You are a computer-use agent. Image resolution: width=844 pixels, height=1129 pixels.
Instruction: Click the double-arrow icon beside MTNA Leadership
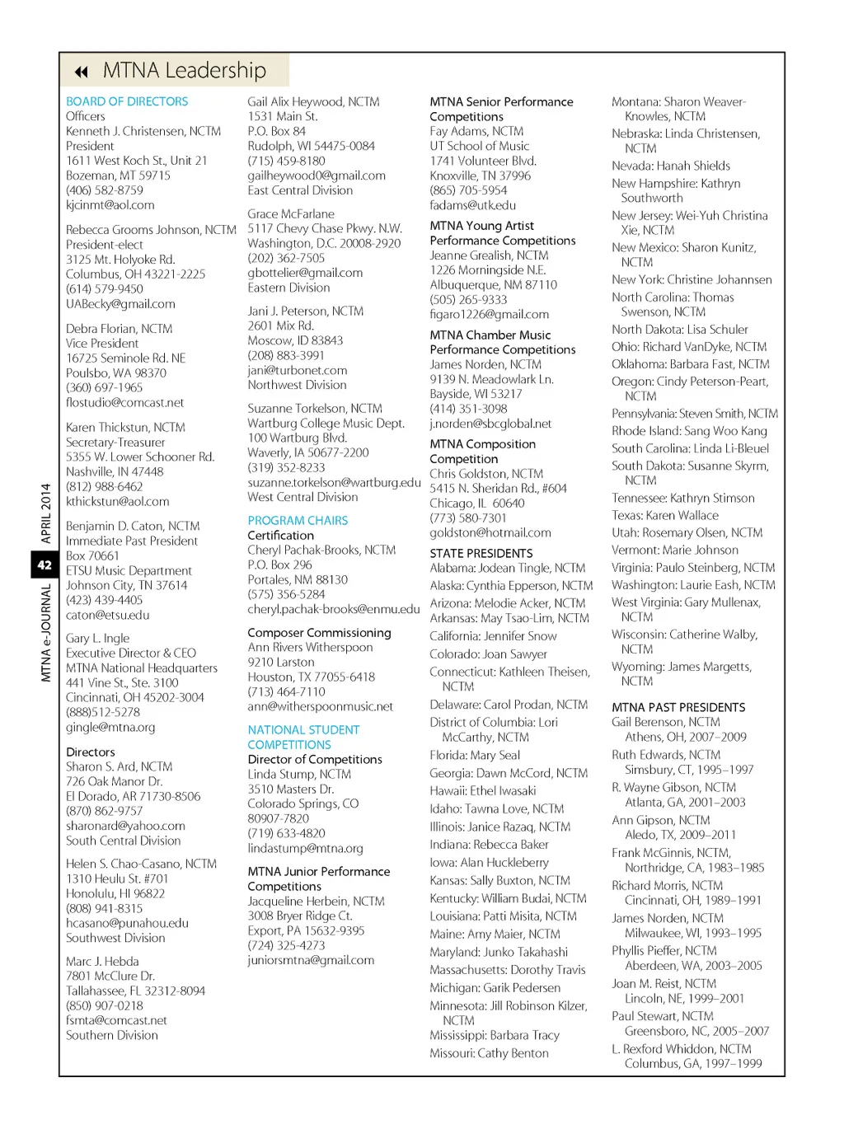coord(81,72)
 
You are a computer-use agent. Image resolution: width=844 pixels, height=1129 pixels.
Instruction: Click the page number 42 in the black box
coord(45,565)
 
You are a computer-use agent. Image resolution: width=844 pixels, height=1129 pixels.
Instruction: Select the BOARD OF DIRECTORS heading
coord(127,101)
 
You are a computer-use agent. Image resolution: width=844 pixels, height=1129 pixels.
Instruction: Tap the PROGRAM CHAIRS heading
coord(298,521)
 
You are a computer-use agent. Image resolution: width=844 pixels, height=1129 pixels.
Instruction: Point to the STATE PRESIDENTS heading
coord(481,554)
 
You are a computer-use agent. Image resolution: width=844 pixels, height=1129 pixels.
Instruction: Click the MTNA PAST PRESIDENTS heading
coord(678,707)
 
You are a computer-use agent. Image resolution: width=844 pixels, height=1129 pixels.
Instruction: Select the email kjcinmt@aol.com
coord(110,205)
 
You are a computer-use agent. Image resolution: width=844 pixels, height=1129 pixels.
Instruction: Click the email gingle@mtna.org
coord(110,728)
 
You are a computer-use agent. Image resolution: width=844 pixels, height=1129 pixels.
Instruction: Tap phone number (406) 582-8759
coord(104,190)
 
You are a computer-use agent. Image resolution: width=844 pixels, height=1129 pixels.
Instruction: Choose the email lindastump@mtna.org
coord(305,848)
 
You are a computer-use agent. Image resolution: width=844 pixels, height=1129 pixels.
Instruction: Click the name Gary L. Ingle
coord(97,638)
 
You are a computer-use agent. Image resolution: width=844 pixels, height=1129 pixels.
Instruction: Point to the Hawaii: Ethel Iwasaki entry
coord(482,791)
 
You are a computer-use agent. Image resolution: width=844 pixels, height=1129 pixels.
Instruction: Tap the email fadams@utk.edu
coord(472,205)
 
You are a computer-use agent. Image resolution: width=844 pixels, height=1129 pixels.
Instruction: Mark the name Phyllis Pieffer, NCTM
coord(663,950)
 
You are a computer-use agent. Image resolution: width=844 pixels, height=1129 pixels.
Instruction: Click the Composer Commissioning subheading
coord(319,633)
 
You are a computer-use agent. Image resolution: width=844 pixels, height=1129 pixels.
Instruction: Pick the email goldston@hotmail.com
coord(490,533)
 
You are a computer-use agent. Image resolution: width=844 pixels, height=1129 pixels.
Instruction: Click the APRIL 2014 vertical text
coord(45,513)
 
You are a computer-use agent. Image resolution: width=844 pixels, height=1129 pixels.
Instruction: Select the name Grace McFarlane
coord(290,213)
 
